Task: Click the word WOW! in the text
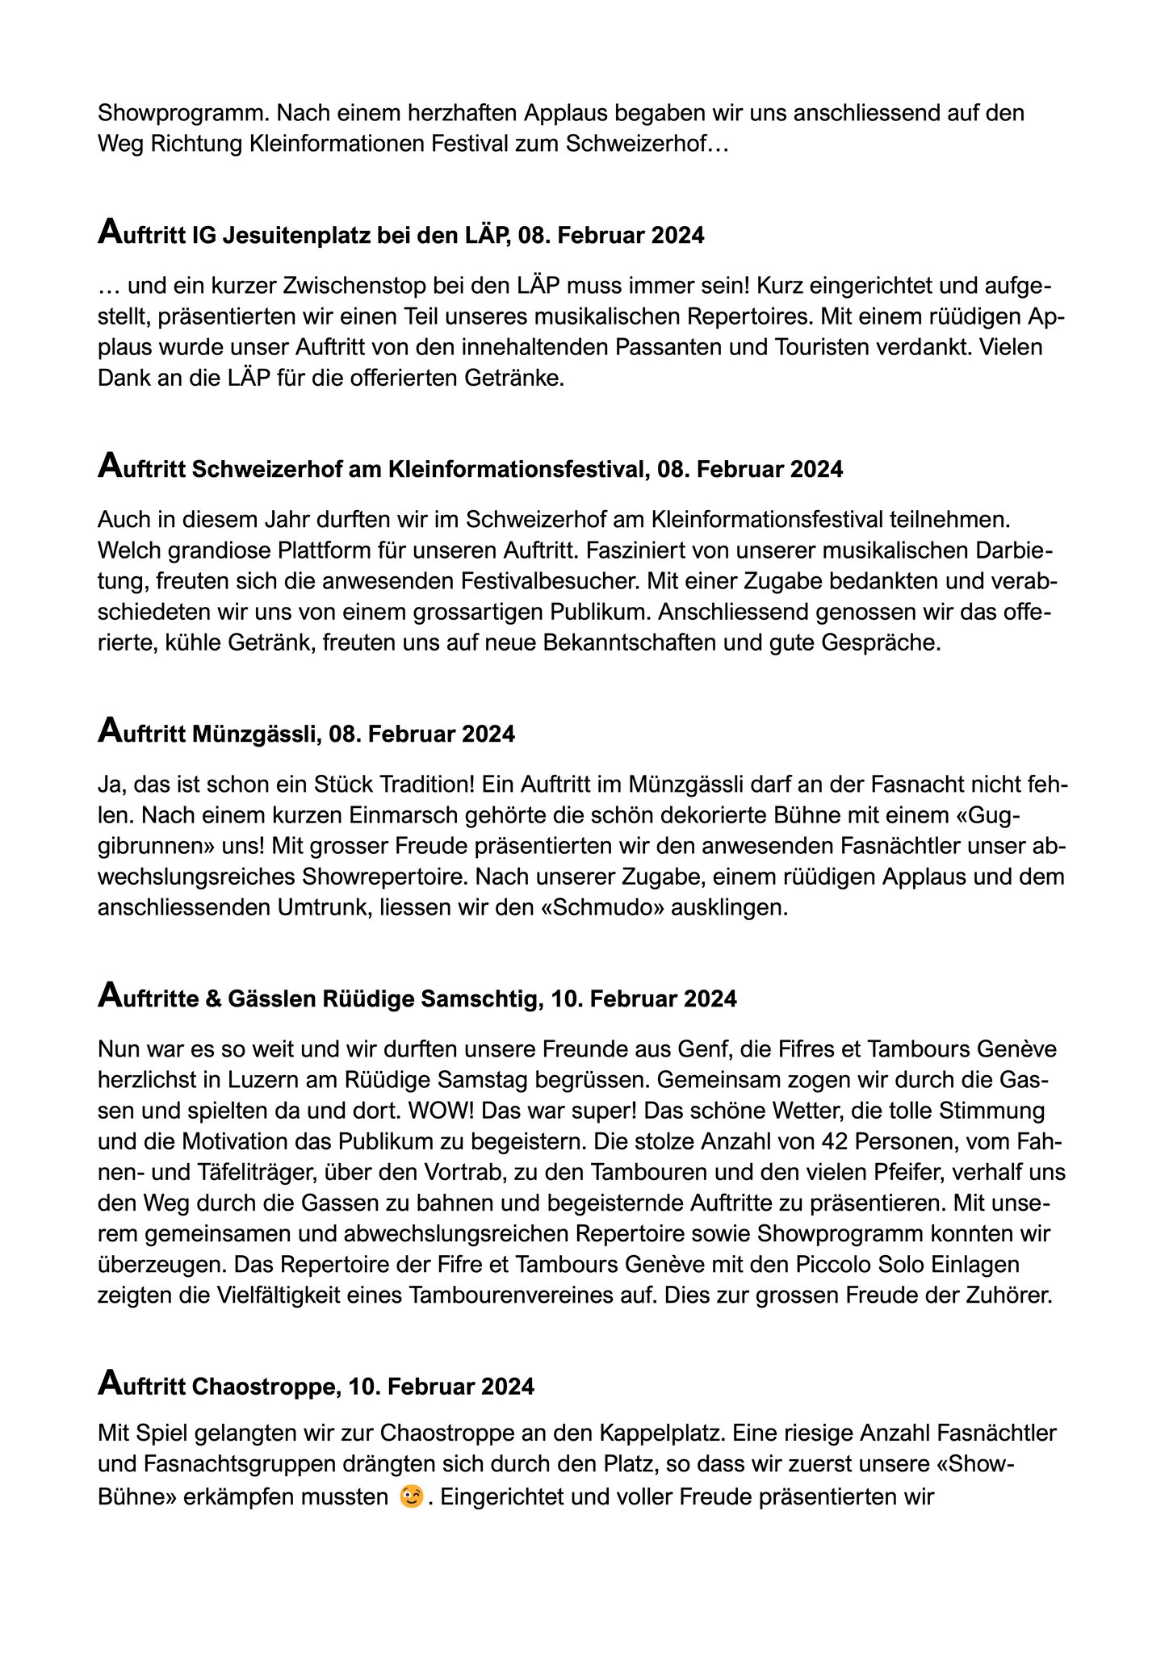(438, 1111)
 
